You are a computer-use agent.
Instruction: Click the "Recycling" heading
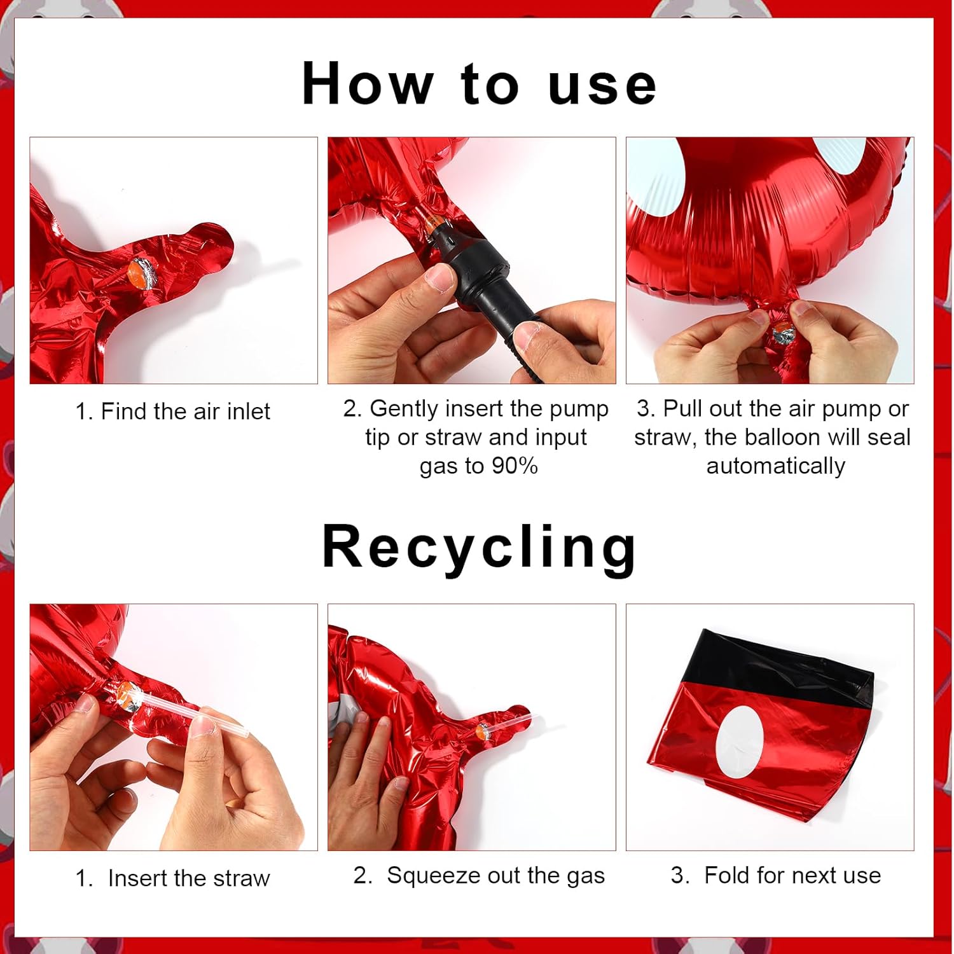479,548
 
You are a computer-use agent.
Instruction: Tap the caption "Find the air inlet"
186,411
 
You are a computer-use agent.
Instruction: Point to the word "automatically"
776,466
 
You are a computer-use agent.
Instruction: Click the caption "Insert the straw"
189,878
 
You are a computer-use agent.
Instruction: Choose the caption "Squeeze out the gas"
495,876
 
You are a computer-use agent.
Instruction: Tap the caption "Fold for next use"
792,876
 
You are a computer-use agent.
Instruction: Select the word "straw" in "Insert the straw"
242,878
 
